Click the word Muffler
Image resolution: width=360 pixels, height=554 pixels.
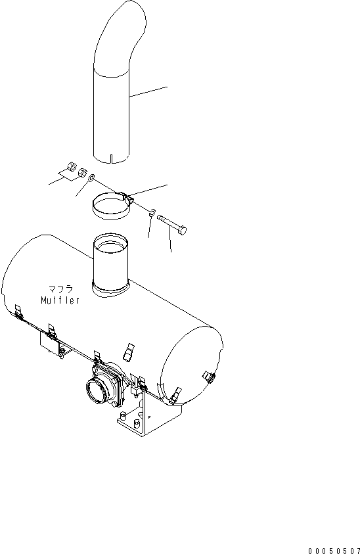60,301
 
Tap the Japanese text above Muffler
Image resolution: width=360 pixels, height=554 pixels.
60,289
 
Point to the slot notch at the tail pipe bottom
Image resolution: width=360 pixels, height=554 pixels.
112,158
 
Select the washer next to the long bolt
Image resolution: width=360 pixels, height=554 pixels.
152,212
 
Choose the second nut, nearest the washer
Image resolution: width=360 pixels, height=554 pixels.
83,173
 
